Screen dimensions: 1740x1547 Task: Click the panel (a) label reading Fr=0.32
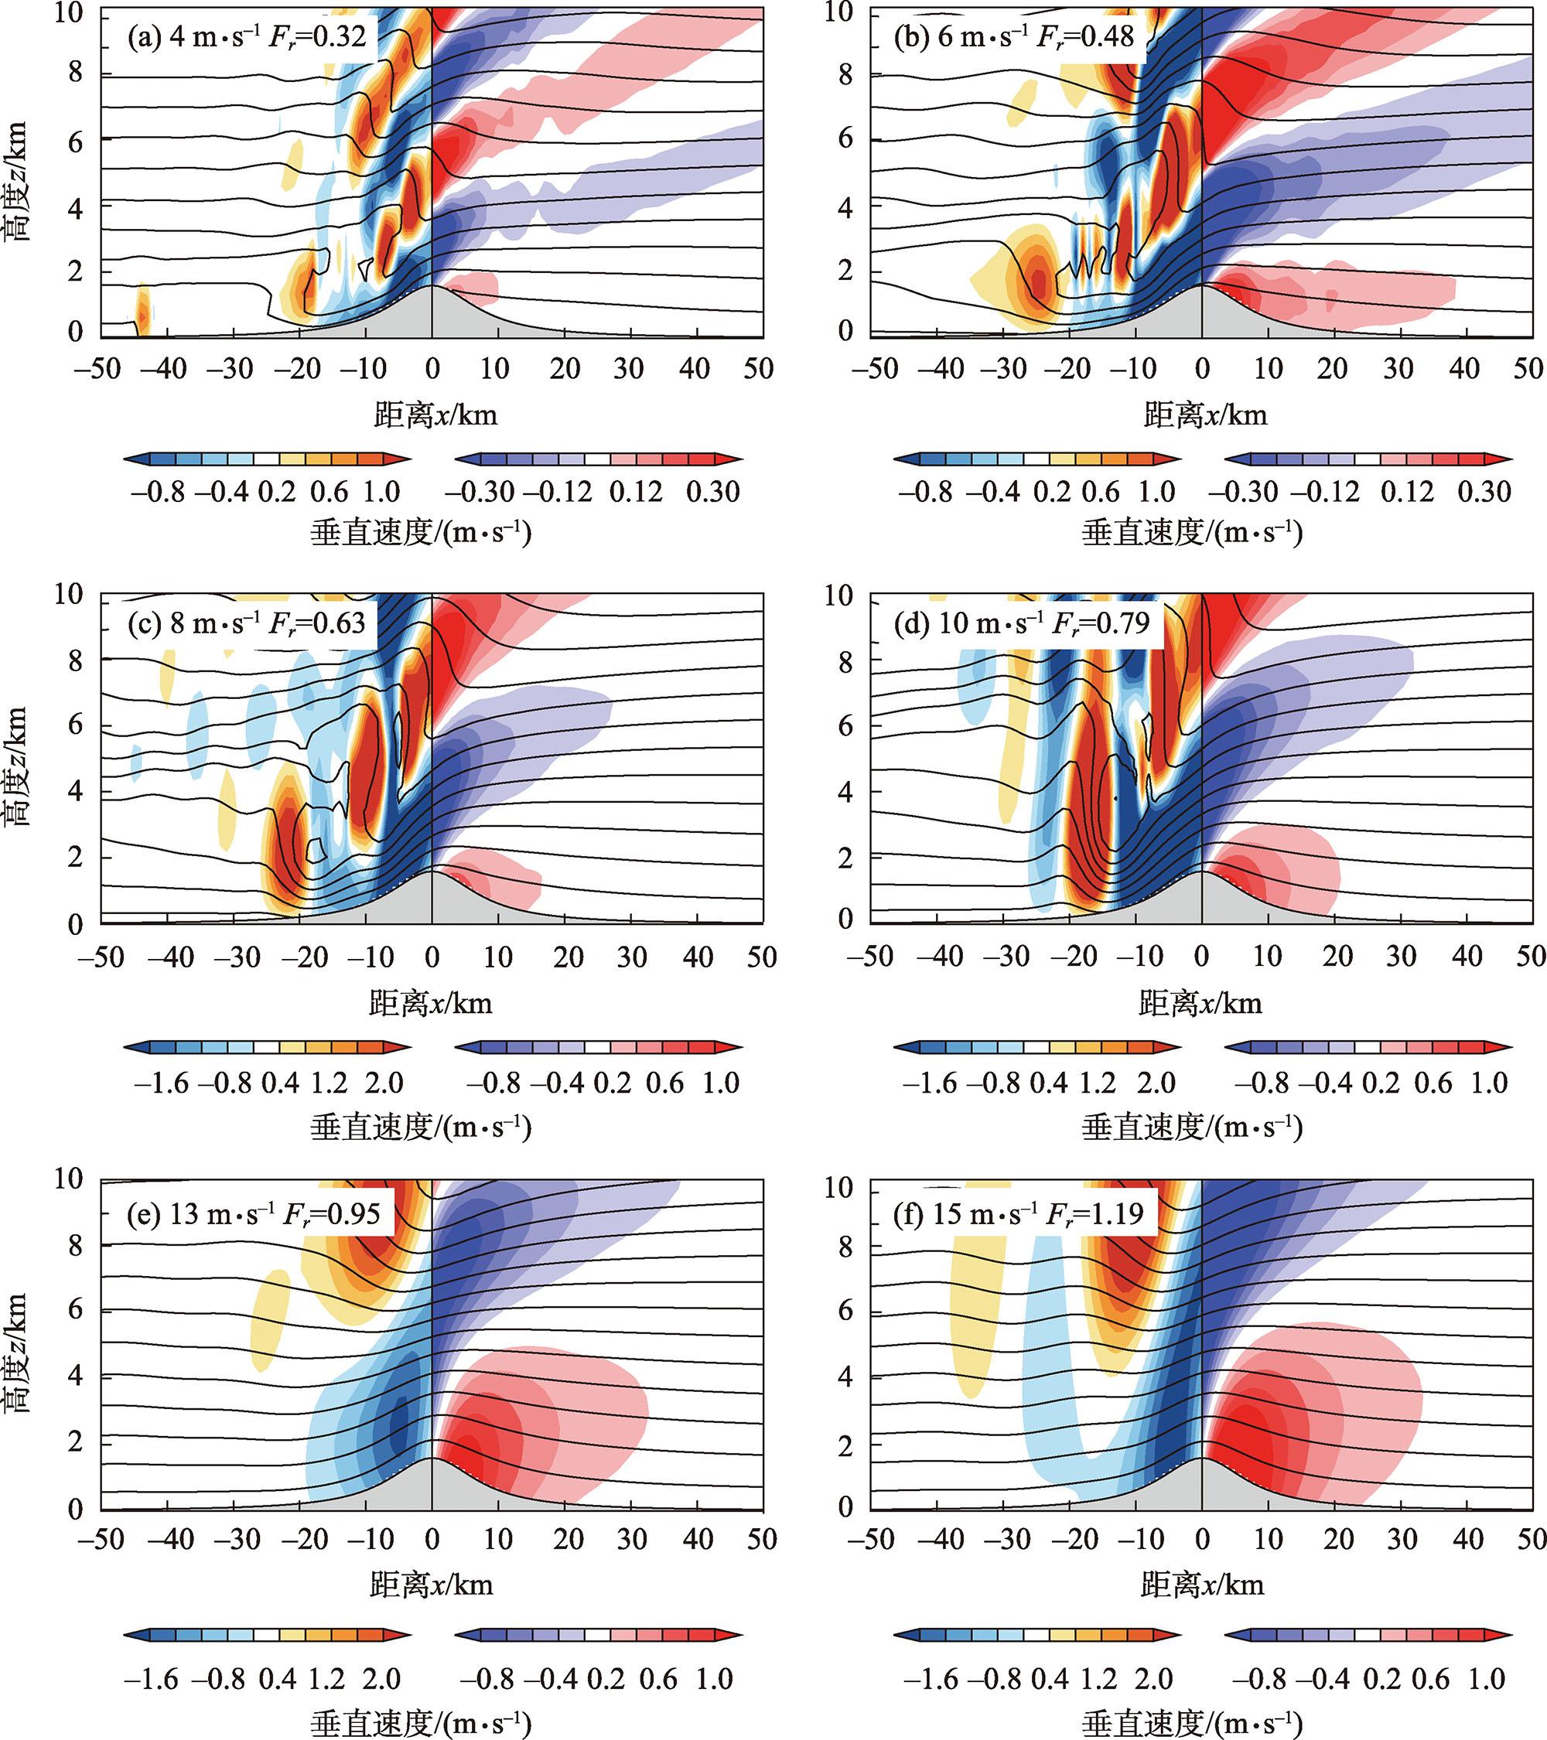[x=246, y=36]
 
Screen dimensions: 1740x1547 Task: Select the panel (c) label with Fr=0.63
[x=246, y=623]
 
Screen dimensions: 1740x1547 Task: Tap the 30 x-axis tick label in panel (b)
[x=1398, y=369]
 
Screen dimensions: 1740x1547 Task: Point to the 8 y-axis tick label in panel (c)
[x=75, y=660]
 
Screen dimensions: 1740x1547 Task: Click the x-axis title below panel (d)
[x=1200, y=1005]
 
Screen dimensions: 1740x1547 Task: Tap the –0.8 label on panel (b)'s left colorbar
[x=924, y=492]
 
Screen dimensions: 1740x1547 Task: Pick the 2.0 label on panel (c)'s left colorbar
[x=383, y=1083]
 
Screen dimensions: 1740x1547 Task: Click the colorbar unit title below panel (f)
[x=1192, y=1725]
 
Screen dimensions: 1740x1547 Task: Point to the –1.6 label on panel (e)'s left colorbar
[x=151, y=1679]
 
